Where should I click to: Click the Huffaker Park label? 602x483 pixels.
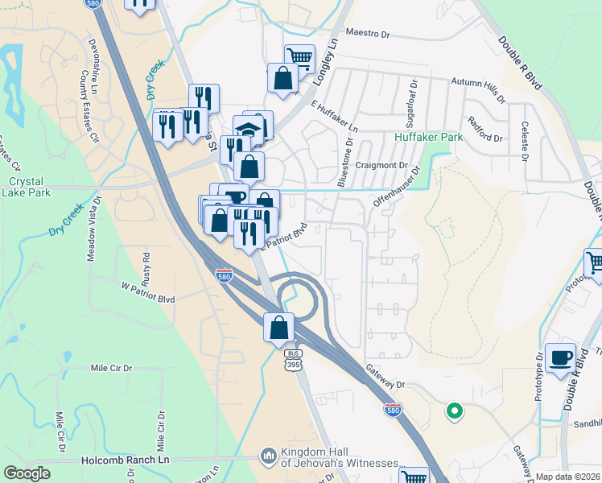[429, 138]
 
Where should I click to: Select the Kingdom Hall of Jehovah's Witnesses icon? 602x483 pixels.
[268, 456]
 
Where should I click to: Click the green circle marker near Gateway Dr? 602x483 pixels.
[454, 412]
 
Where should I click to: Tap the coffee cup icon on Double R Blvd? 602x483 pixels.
[560, 357]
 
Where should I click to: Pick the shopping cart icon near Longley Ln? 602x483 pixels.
[299, 57]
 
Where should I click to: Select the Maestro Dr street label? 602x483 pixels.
[367, 34]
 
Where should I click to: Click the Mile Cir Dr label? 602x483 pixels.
[111, 368]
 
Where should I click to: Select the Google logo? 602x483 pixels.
[27, 473]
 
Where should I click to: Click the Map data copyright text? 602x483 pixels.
[568, 477]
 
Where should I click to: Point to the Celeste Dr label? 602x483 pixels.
[525, 138]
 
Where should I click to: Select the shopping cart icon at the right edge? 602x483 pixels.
[595, 262]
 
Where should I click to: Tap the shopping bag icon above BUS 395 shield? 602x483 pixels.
[278, 328]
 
